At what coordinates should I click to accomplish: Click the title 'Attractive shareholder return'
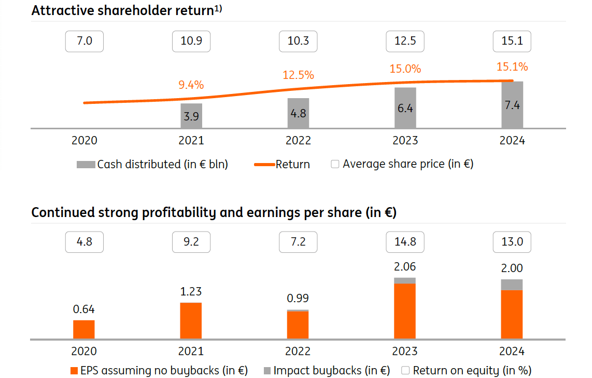(122, 11)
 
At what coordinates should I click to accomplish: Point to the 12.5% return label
(298, 75)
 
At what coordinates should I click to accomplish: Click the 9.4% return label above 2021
(191, 85)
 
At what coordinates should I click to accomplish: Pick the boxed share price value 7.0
(84, 41)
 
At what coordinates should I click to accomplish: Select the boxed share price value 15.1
(512, 41)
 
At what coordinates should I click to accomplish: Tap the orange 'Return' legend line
(264, 165)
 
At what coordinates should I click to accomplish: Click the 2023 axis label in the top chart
(405, 141)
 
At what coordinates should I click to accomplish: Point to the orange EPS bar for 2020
(84, 330)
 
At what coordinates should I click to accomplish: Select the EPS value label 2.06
(405, 267)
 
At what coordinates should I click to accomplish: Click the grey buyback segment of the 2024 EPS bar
(512, 285)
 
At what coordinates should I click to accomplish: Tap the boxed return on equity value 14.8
(405, 242)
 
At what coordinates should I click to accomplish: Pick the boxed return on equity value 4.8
(84, 242)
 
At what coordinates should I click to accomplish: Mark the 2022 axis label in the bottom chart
(298, 352)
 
